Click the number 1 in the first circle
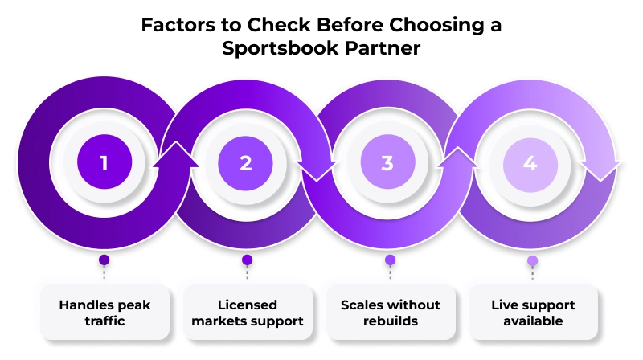(x=104, y=163)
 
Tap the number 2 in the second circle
(x=246, y=163)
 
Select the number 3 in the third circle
(x=387, y=163)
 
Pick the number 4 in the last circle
(x=530, y=163)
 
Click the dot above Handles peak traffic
(x=104, y=260)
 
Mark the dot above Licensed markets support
(x=247, y=260)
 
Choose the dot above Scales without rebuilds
(x=390, y=260)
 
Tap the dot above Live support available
(x=532, y=260)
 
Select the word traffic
(x=104, y=321)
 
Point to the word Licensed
(x=247, y=305)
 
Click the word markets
(x=223, y=321)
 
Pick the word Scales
(x=360, y=305)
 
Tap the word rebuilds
(x=390, y=321)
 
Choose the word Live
(x=503, y=305)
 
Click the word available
(x=532, y=321)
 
